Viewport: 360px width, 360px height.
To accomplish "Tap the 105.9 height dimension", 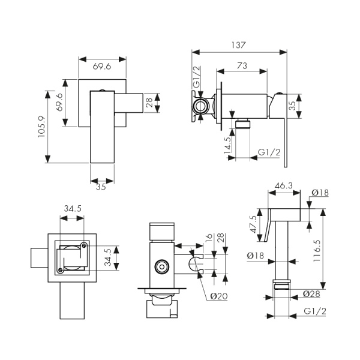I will (x=41, y=127).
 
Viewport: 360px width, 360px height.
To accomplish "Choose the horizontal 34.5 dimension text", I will (x=72, y=208).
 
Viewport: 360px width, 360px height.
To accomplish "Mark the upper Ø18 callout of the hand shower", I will (x=320, y=193).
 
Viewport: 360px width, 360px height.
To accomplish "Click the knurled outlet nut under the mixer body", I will (x=242, y=125).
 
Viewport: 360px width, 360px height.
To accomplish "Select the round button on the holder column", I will (x=160, y=265).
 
